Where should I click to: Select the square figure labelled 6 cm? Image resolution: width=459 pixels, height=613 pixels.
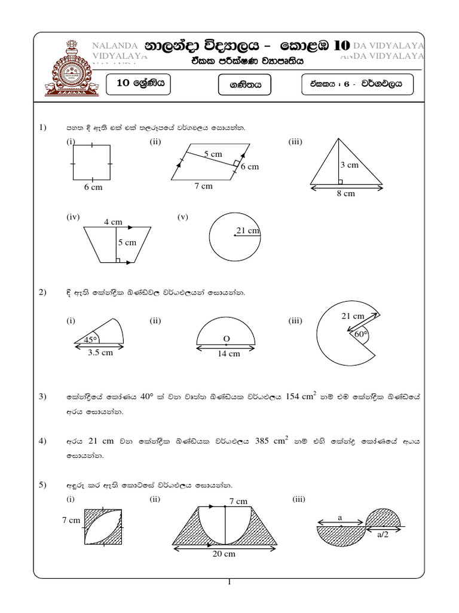92,162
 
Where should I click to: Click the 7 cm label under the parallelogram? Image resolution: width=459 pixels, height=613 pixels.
203,186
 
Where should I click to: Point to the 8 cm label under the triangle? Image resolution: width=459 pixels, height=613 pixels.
345,193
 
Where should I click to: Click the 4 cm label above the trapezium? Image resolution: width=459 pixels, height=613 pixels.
113,221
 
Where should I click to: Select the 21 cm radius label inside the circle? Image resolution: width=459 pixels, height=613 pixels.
248,230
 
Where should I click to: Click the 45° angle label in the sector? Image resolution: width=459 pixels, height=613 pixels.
91,339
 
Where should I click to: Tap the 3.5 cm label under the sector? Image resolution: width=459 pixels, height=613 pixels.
100,353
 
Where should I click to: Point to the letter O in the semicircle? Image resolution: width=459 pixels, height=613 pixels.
227,339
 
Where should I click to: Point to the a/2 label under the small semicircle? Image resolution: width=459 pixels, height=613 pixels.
382,536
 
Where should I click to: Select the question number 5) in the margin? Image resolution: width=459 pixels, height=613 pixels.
42,484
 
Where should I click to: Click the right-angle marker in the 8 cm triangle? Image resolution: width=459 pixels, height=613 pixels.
340,181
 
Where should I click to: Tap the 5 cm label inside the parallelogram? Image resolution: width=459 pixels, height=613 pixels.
213,154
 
